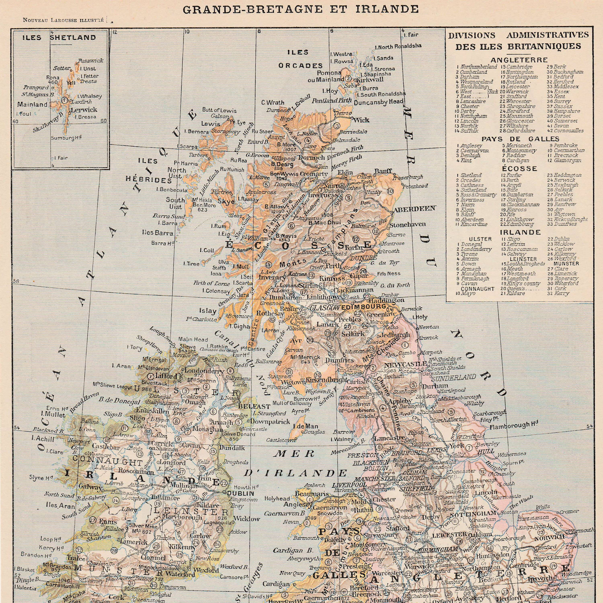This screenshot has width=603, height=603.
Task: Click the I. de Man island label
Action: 301,426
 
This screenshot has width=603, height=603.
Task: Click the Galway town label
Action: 90,487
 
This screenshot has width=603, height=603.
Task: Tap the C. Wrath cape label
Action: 273,103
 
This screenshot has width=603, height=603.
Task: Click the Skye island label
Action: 226,202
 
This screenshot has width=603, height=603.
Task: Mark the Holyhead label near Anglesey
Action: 277,499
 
